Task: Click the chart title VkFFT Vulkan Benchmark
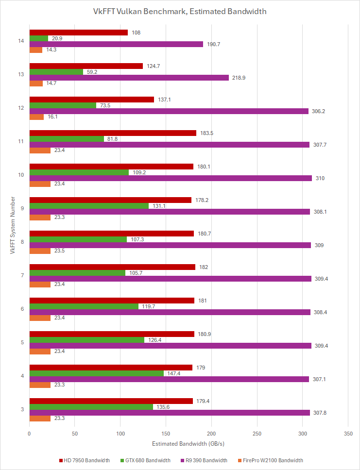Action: click(x=180, y=11)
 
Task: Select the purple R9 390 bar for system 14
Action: click(x=116, y=44)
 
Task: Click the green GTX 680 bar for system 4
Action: click(x=97, y=373)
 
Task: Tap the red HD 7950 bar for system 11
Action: click(x=113, y=133)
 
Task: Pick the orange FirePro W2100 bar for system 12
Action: click(x=36, y=117)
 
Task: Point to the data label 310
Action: click(x=320, y=178)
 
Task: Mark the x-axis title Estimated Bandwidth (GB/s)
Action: click(x=188, y=444)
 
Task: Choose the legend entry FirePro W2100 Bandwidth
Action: click(x=273, y=460)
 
